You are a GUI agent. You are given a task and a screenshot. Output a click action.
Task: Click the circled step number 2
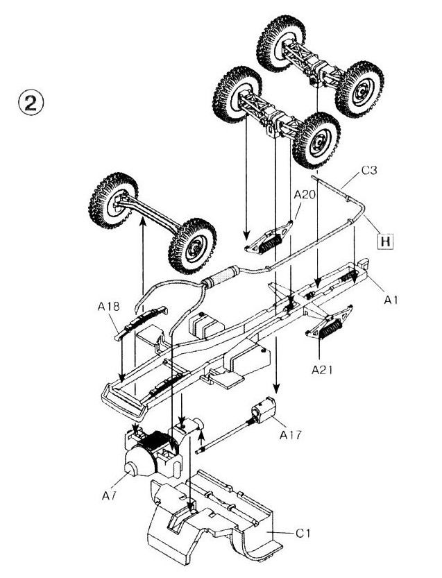32,105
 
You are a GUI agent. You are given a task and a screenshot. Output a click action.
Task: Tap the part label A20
304,196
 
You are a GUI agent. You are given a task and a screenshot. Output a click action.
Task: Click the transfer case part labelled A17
264,411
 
